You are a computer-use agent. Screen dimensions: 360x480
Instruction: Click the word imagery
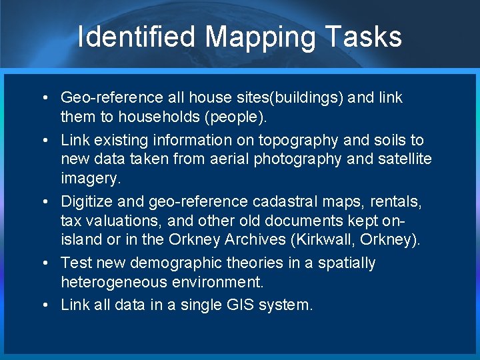tap(87, 179)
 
